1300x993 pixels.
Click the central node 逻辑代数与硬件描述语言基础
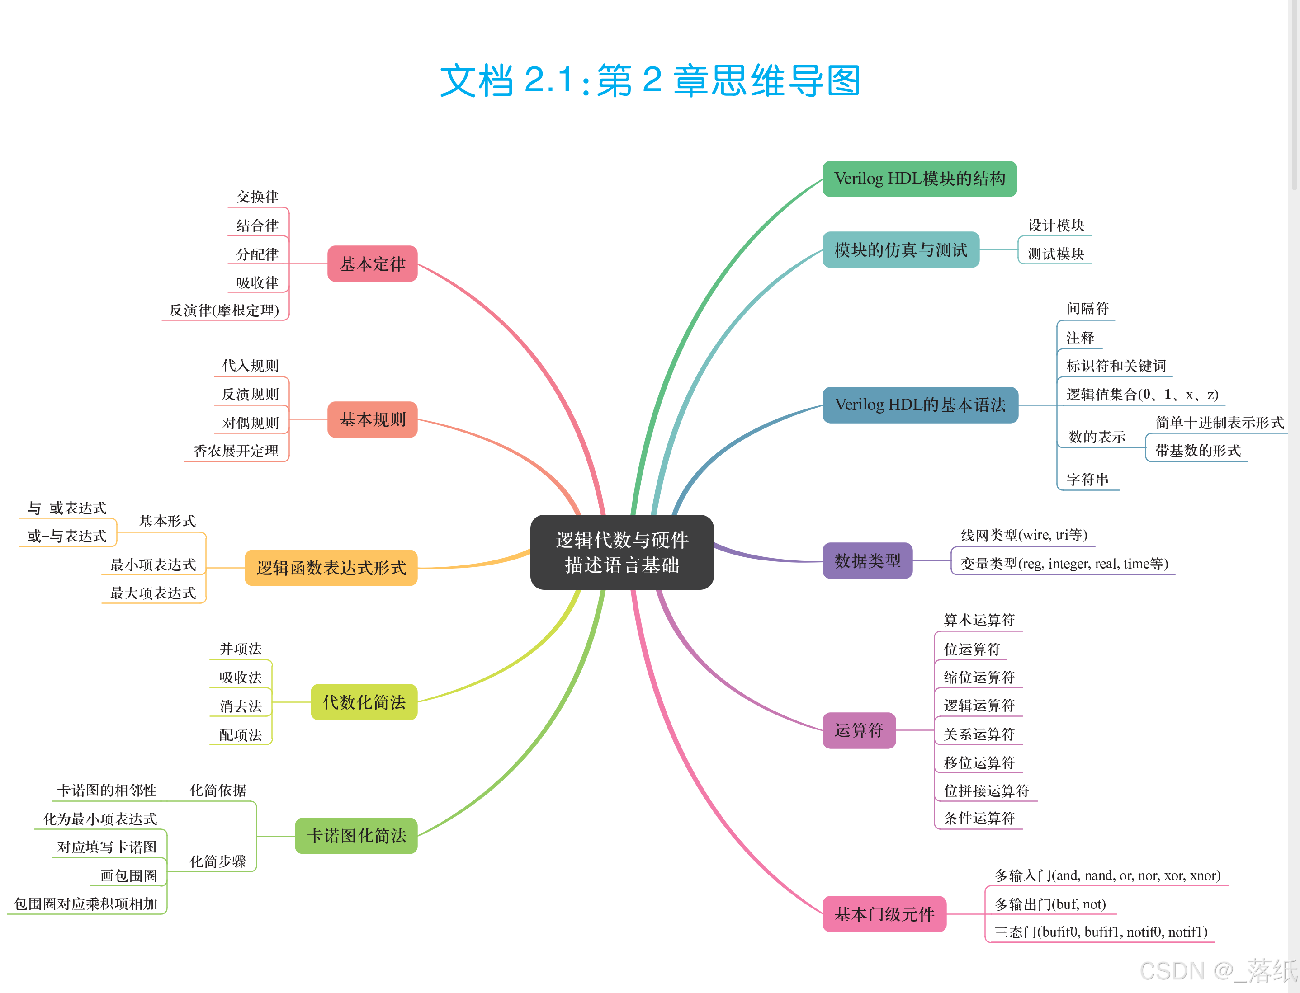[621, 552]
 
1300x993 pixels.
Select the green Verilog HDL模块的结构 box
[919, 179]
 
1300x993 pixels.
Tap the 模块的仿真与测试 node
[900, 250]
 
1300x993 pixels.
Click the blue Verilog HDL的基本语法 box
[920, 405]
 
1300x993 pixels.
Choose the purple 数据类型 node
[867, 560]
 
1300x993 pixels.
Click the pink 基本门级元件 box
[884, 914]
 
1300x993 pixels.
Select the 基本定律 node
[373, 264]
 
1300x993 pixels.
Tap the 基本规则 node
[373, 419]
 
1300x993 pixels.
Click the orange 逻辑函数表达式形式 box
[331, 568]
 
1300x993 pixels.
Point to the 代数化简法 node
[364, 702]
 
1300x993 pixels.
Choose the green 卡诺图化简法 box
[356, 836]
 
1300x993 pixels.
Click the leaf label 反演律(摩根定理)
[224, 311]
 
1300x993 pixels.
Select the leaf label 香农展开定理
[236, 451]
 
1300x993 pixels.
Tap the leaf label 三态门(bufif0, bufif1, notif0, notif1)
[1101, 932]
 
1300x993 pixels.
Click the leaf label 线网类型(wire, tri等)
[1024, 535]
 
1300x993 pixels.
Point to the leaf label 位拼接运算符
[986, 791]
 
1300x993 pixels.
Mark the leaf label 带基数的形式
[1198, 451]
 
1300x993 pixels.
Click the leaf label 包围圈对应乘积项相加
[86, 904]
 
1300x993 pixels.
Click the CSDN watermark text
[1218, 971]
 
